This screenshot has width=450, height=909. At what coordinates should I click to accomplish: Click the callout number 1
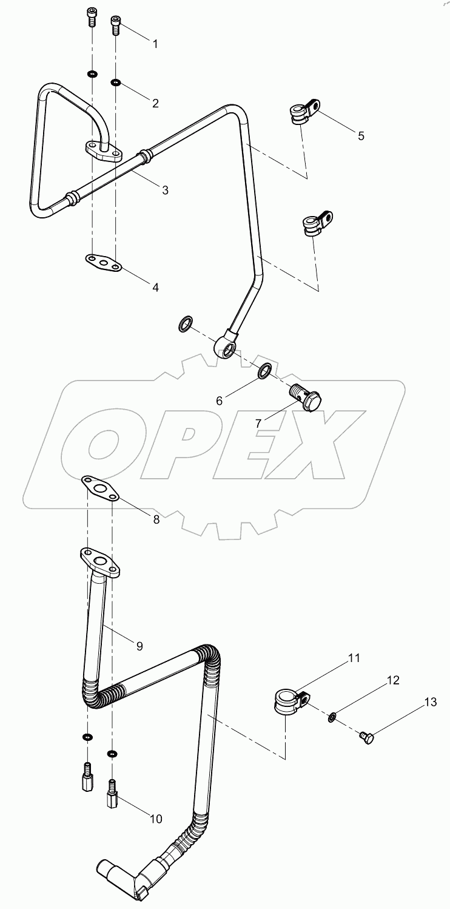[x=155, y=44]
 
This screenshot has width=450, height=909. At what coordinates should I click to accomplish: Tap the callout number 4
[x=155, y=287]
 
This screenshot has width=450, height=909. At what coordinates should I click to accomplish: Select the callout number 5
[x=361, y=135]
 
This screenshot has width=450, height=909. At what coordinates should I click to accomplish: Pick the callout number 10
[x=155, y=819]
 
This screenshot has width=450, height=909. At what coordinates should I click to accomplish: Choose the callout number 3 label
[x=164, y=190]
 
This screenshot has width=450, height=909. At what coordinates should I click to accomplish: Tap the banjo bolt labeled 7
[x=307, y=397]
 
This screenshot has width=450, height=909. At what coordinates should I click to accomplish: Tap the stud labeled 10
[x=113, y=789]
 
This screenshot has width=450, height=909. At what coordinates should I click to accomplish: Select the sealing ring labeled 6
[x=265, y=371]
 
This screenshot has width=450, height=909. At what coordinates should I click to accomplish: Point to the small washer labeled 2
[x=115, y=82]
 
